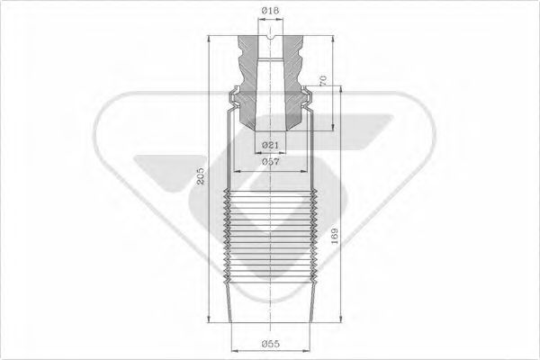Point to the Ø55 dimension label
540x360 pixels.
pos(271,345)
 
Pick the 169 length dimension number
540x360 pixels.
pos(335,238)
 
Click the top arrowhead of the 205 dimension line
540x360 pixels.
pos(211,40)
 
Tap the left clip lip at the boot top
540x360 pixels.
pos(232,90)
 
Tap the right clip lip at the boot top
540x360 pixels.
pos(309,90)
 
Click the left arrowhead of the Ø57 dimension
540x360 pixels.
pos(235,169)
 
